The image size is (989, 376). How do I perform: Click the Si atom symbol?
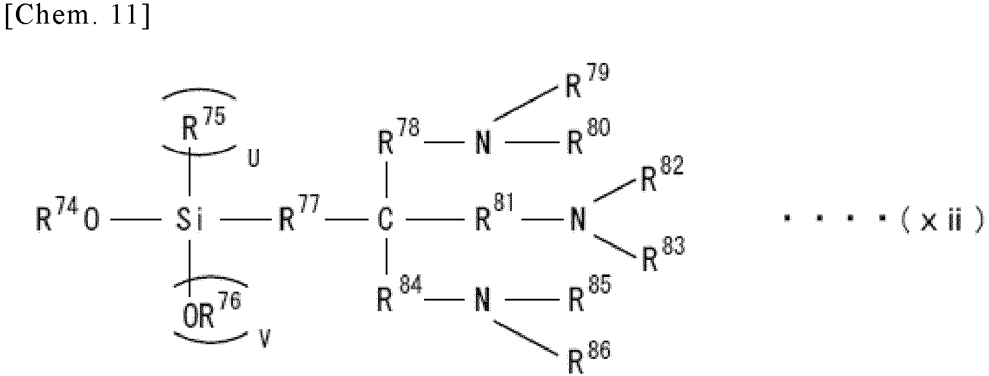[x=189, y=219]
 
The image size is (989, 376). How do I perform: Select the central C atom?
[x=386, y=219]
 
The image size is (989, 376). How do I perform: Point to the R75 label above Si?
[x=203, y=124]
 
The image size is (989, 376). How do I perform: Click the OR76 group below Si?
[x=212, y=311]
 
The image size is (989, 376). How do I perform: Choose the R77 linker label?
[x=299, y=213]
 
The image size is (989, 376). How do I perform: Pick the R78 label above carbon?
[x=399, y=137]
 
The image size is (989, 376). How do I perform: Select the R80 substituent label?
[x=589, y=136]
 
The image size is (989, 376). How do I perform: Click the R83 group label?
[x=663, y=254]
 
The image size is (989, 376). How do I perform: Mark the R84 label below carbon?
[x=399, y=293]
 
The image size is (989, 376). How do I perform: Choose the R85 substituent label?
[x=589, y=293]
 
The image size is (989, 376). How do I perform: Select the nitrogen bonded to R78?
[x=484, y=143]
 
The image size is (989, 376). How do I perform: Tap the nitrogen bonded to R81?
[x=578, y=219]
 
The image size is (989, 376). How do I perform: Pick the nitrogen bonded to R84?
[x=483, y=300]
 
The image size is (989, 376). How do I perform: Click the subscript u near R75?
[x=253, y=159]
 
